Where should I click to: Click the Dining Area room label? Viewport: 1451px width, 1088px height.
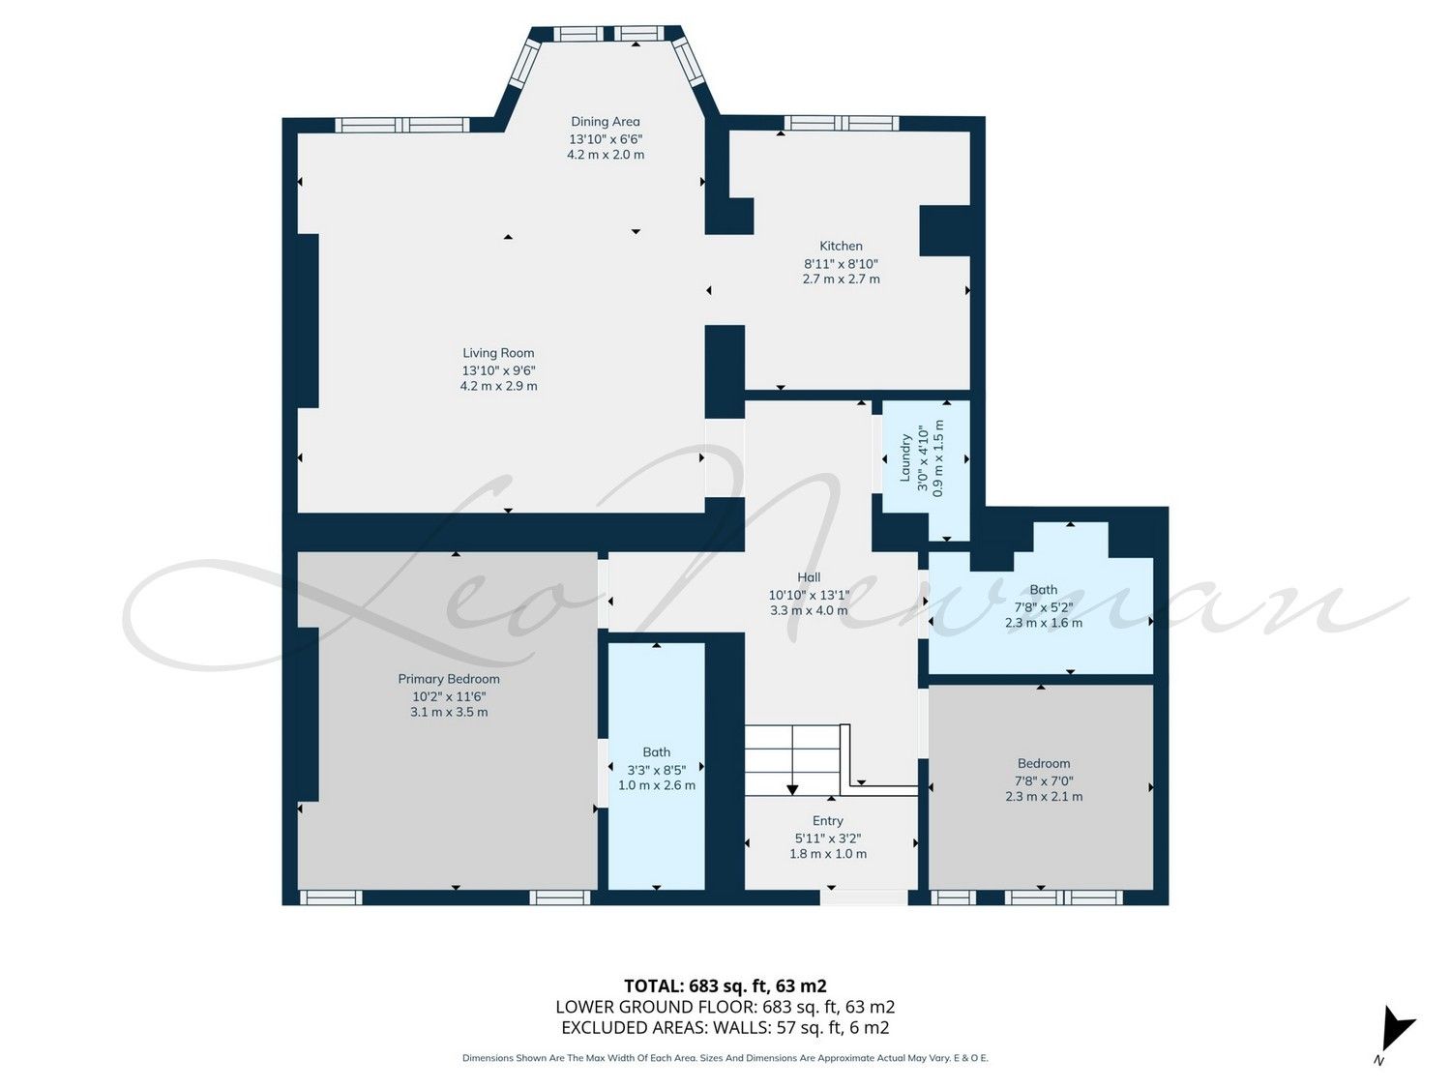[x=605, y=122]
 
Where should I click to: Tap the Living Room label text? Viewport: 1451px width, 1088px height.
[x=498, y=353]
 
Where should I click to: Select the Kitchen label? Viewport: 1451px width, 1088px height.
[x=841, y=246]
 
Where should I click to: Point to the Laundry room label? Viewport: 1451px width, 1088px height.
[x=905, y=457]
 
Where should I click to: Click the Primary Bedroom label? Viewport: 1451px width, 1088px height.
[x=448, y=679]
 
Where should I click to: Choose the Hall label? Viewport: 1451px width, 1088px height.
[x=809, y=577]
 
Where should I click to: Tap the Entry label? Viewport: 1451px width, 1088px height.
[x=828, y=820]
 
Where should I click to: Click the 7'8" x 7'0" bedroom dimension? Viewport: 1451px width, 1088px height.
[x=1044, y=780]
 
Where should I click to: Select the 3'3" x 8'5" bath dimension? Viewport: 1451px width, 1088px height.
[x=657, y=770]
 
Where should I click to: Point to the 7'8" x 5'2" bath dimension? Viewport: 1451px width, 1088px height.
[x=1044, y=607]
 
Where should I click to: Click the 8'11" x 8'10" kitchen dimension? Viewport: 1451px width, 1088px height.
[x=841, y=264]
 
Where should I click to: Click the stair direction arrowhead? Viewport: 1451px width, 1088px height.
[x=792, y=789]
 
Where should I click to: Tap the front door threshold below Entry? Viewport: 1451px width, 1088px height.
[x=864, y=897]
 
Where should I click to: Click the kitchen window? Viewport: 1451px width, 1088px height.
[x=842, y=123]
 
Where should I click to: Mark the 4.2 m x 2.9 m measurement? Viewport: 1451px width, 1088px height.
[x=498, y=386]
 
